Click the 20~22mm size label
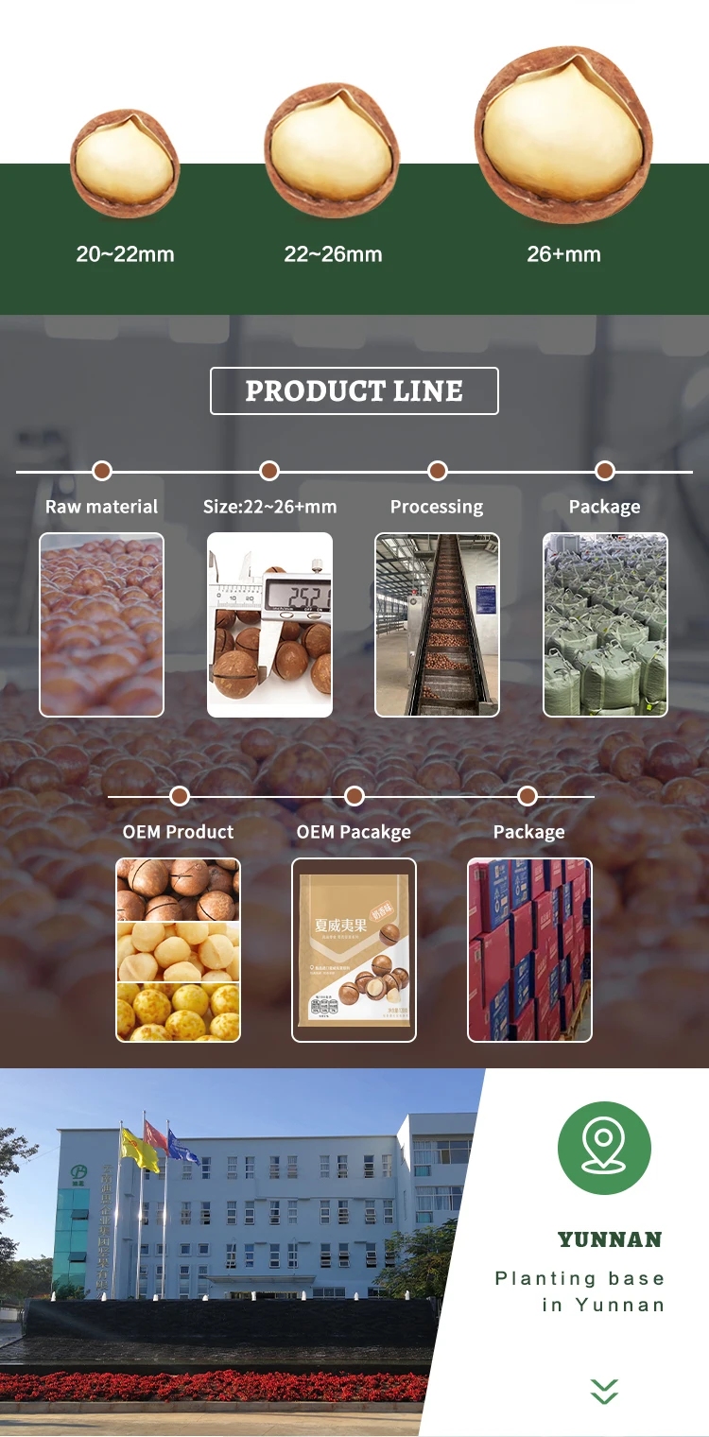[125, 254]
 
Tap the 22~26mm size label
[333, 254]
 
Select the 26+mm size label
[563, 254]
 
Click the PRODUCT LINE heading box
[354, 390]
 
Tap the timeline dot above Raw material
[102, 471]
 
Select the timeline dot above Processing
[437, 471]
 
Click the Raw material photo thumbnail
[101, 625]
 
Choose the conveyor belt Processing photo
[437, 625]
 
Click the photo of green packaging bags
[605, 625]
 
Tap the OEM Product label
[178, 832]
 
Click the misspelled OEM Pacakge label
[354, 832]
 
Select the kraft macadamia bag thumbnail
[354, 950]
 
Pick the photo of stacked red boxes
[529, 950]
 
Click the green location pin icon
[604, 1148]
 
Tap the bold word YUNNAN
[610, 1239]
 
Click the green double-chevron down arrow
[604, 1391]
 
